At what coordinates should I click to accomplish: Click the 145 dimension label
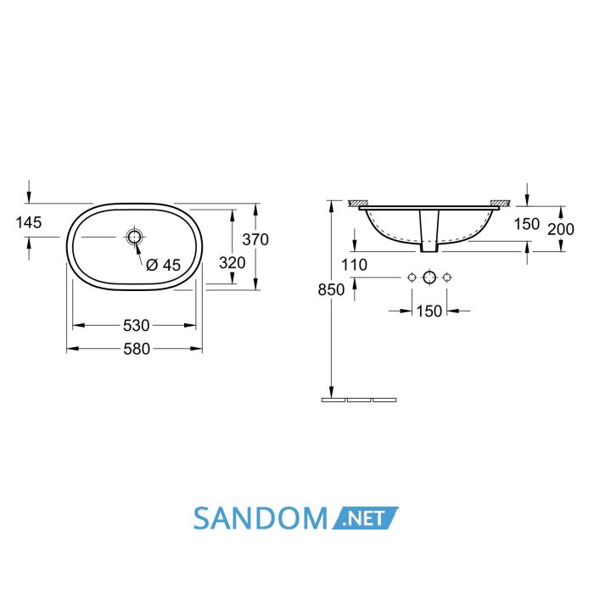pos(28,222)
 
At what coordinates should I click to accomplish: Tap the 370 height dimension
pos(255,239)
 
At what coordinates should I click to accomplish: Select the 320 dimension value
pos(233,262)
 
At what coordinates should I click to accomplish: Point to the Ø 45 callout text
pos(164,265)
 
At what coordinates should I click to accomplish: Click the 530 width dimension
pos(137,325)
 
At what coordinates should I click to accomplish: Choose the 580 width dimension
pos(137,349)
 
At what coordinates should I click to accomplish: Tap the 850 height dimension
pos(331,290)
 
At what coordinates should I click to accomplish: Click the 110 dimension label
pos(354,265)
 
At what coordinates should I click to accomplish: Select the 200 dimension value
pos(561,229)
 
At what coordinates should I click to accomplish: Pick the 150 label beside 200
pos(527,224)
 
